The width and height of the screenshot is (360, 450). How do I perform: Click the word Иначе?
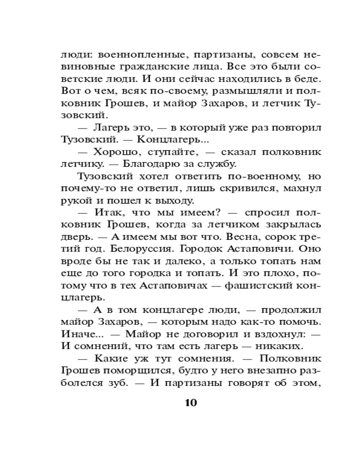75,334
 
